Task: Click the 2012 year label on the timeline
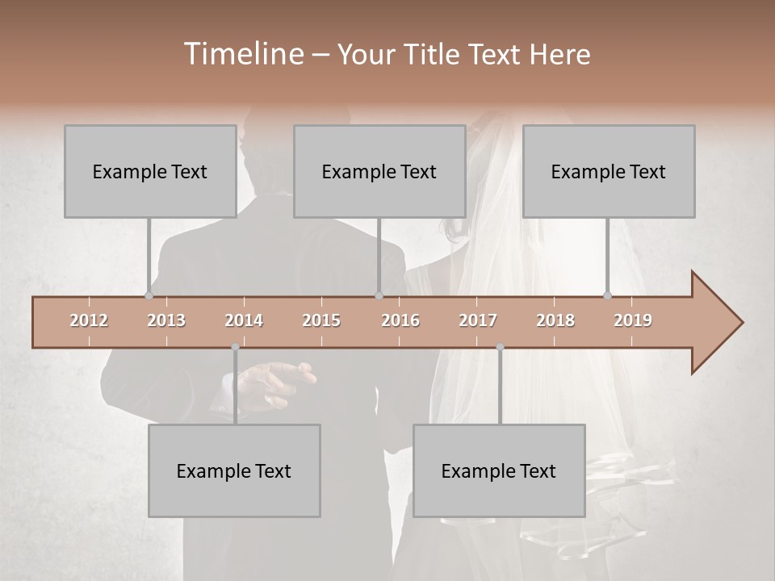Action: [89, 320]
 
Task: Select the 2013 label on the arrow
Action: [166, 320]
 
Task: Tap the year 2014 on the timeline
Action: [244, 320]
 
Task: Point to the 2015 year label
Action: [321, 320]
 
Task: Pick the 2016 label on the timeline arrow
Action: [400, 320]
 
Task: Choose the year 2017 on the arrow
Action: [478, 320]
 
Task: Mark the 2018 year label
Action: [555, 320]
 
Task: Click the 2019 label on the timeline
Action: [633, 320]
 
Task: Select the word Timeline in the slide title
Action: [242, 54]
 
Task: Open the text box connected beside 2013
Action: [150, 171]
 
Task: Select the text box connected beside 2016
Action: [379, 171]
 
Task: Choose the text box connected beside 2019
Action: [609, 171]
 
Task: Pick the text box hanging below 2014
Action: [234, 470]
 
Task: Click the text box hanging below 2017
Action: [499, 470]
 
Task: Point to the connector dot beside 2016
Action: [379, 295]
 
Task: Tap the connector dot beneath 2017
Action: [500, 347]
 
